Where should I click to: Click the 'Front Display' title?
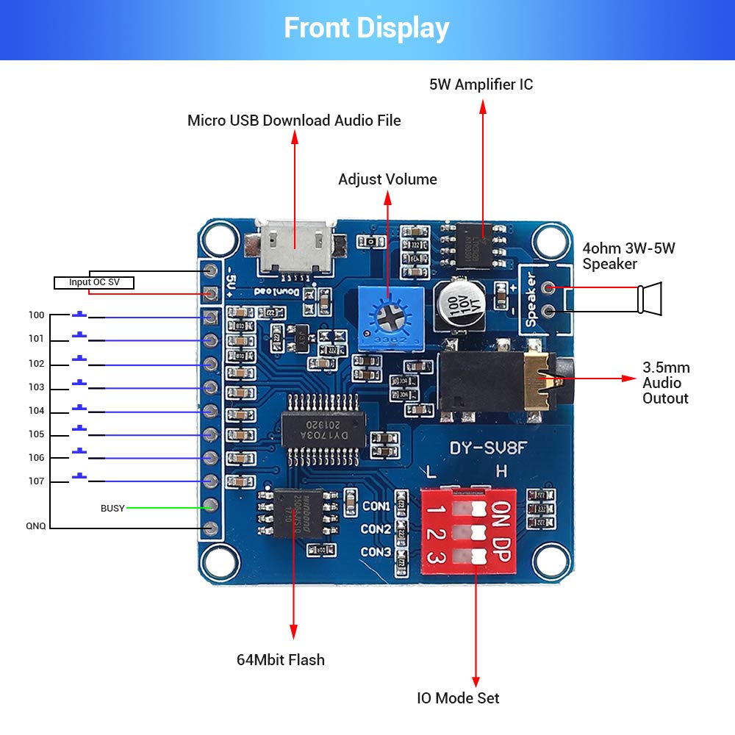tap(366, 28)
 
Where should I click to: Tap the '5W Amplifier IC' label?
tap(481, 85)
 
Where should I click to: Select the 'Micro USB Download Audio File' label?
tap(294, 120)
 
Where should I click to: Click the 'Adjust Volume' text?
tap(387, 179)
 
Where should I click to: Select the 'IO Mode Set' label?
tap(458, 698)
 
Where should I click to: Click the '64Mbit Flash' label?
tap(280, 659)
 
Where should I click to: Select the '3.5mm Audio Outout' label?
tap(666, 383)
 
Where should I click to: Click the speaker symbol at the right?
tap(650, 298)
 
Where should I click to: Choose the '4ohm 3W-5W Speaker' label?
tap(628, 256)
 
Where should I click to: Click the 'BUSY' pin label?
tap(112, 508)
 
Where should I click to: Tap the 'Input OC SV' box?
tap(93, 283)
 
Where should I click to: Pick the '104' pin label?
tap(37, 411)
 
